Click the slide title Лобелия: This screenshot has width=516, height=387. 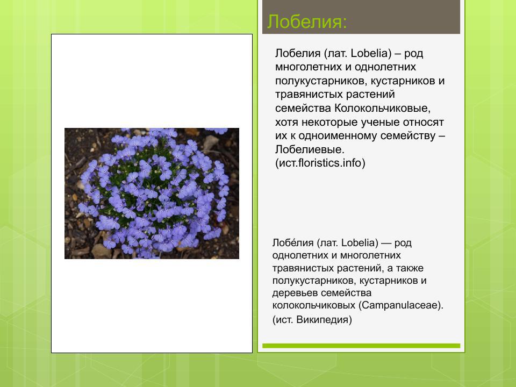click(x=307, y=22)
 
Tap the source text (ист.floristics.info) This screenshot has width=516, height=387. click(x=320, y=163)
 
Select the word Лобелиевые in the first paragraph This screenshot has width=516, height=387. click(x=310, y=149)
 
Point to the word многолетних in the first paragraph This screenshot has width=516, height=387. click(x=309, y=67)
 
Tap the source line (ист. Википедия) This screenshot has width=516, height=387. click(x=312, y=320)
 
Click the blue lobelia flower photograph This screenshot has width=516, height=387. click(x=152, y=193)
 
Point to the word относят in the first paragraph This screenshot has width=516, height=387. click(x=425, y=121)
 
